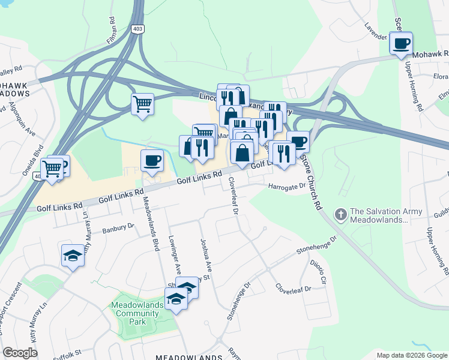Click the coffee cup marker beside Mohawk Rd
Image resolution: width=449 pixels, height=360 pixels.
click(x=400, y=44)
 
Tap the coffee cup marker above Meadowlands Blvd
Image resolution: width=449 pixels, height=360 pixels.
click(x=151, y=161)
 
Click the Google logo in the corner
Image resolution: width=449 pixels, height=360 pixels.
click(x=20, y=353)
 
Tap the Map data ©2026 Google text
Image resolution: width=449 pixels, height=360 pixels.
click(x=412, y=355)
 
